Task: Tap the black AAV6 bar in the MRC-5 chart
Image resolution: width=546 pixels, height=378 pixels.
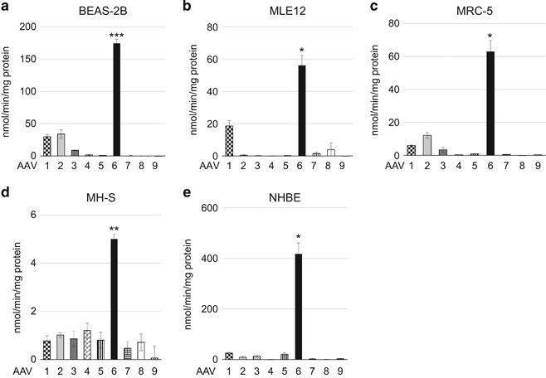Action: (x=490, y=104)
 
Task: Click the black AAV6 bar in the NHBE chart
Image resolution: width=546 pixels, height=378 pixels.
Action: (x=297, y=307)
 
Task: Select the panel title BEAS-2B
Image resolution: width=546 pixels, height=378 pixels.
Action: (x=96, y=11)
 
